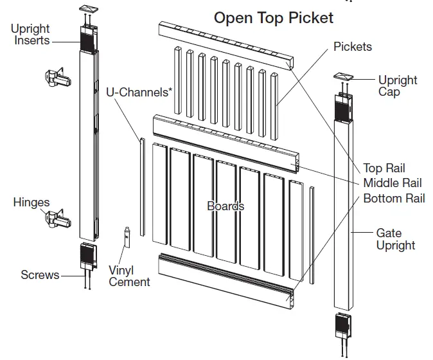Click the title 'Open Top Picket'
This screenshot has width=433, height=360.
pos(274,17)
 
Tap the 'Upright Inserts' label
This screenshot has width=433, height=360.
pos(30,35)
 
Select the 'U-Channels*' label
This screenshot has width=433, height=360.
pos(139,92)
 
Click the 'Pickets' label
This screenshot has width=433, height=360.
pos(352,47)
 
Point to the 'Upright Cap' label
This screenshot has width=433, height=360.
pos(397,86)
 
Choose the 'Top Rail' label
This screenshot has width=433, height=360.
pos(384,168)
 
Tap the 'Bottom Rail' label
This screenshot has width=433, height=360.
pos(394,198)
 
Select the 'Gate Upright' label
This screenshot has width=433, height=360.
pos(395,239)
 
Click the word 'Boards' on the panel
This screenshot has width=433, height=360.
pos(225,206)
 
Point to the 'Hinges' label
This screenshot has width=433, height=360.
pos(31,203)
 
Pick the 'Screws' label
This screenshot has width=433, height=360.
pos(40,275)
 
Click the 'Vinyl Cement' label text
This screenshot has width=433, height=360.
pos(129,276)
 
